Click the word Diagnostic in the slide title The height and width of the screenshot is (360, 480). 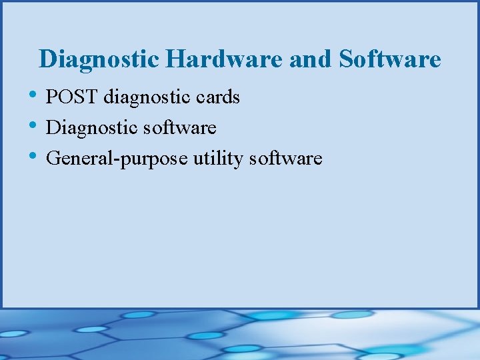pos(99,59)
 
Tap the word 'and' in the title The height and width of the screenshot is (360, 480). pos(311,59)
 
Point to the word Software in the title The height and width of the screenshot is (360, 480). pos(390,59)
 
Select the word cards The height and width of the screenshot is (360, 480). pos(218,97)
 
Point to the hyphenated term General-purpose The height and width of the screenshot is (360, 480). pos(117,159)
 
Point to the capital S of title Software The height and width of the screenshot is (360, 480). pos(346,59)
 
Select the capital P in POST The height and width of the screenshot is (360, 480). pos(53,97)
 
